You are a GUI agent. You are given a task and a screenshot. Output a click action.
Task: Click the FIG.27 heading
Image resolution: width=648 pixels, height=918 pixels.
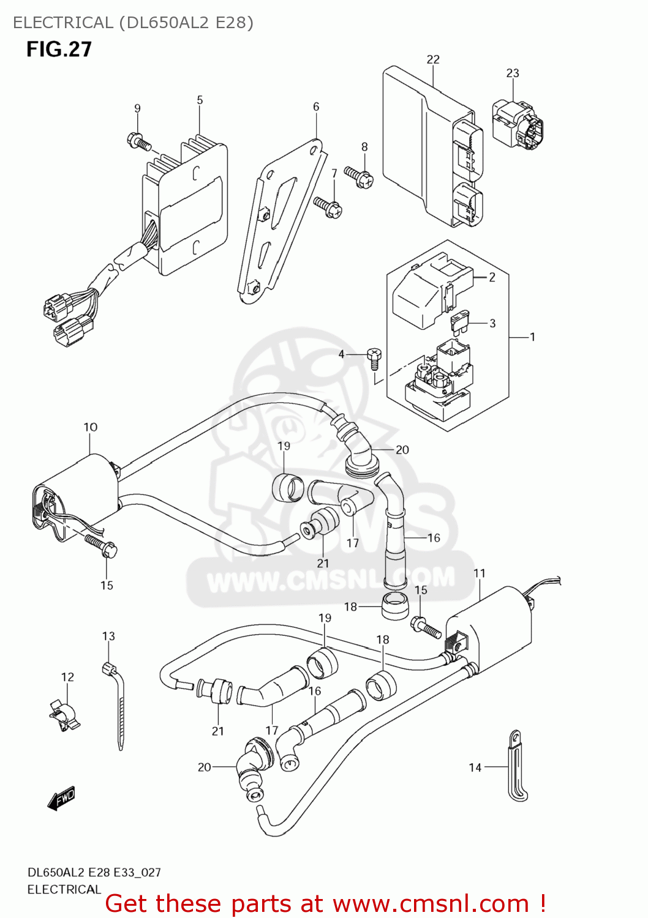pyautogui.click(x=59, y=49)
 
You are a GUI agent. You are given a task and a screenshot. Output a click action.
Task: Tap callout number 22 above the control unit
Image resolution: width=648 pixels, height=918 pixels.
pyautogui.click(x=433, y=59)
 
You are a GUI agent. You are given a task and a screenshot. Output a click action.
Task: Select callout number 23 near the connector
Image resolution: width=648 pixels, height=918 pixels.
pyautogui.click(x=513, y=73)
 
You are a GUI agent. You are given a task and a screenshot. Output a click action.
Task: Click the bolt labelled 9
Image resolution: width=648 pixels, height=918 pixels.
pyautogui.click(x=139, y=143)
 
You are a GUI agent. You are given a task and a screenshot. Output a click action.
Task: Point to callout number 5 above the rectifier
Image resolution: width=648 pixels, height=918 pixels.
pyautogui.click(x=200, y=100)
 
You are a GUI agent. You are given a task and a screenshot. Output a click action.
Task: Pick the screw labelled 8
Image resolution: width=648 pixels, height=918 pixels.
pyautogui.click(x=359, y=176)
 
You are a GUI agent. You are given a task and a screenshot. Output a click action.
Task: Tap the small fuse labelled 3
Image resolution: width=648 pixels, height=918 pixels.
pyautogui.click(x=462, y=320)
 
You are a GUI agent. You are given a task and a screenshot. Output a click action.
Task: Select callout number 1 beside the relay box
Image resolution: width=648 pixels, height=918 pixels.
pyautogui.click(x=532, y=337)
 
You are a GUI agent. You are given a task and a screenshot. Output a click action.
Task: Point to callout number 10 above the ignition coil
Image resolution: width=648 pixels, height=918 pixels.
pyautogui.click(x=91, y=427)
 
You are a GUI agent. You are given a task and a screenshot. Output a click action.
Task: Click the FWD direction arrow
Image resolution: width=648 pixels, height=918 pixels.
pyautogui.click(x=62, y=798)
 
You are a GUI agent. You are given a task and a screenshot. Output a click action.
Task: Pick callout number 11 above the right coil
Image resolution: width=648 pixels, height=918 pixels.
pyautogui.click(x=480, y=573)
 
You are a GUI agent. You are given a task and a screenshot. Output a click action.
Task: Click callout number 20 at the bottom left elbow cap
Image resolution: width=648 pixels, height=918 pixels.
pyautogui.click(x=204, y=767)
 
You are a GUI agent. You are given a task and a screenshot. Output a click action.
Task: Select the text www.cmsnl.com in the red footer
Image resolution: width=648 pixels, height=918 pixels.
pyautogui.click(x=431, y=903)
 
